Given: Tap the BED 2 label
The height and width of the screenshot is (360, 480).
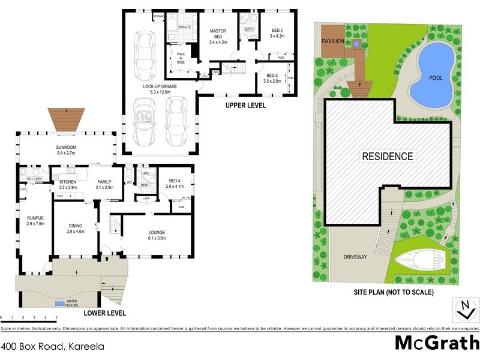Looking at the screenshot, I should (277, 33).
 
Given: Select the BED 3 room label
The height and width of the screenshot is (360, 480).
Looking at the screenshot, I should (273, 77).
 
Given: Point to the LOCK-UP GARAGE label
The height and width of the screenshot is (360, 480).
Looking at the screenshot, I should (160, 89).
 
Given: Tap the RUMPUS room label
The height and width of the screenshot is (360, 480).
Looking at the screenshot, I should (35, 220).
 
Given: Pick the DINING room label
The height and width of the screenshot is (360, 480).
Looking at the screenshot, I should (75, 228).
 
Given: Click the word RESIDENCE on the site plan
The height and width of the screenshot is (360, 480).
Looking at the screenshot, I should (388, 157).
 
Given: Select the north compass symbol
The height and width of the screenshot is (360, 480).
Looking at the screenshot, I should (463, 311).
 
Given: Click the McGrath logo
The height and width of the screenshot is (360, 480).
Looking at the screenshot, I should (436, 343).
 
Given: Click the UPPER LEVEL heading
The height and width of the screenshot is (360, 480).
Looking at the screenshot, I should (245, 106).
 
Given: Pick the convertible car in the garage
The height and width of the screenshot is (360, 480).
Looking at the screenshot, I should (145, 124).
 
